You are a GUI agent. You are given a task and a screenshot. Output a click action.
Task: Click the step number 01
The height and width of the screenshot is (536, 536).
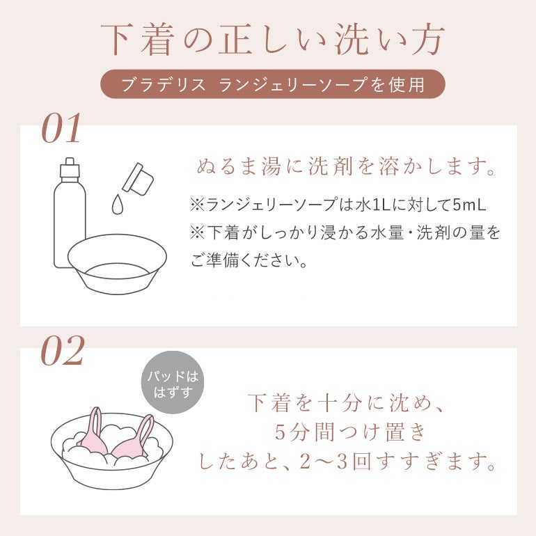(61, 128)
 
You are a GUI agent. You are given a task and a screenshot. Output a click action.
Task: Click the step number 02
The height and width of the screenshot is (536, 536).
(63, 350)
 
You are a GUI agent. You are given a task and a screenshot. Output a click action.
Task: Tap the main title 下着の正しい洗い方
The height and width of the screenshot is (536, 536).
(272, 39)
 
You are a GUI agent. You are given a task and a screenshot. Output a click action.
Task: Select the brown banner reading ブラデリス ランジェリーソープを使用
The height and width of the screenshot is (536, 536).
(272, 84)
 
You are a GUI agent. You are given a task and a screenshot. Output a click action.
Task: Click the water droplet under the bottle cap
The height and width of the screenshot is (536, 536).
(118, 205)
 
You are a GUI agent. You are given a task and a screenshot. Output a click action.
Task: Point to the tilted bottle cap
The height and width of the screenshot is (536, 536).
(138, 178)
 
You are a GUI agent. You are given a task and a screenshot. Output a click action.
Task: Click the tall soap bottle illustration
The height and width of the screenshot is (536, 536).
(70, 212)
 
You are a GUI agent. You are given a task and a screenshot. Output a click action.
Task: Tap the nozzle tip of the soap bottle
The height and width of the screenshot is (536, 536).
(70, 161)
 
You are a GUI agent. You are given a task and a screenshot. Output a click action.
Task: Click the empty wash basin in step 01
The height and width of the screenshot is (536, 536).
(117, 264)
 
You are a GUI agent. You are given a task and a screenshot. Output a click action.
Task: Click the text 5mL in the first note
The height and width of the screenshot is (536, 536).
(469, 205)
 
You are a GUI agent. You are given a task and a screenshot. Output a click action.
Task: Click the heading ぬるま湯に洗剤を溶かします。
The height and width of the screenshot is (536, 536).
(346, 168)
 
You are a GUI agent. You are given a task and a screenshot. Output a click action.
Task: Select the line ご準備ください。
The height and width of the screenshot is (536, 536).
(249, 261)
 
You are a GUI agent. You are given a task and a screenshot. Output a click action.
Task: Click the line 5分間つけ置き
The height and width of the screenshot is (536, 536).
(349, 432)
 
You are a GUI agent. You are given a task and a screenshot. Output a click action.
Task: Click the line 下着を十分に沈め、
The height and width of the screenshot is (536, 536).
(345, 403)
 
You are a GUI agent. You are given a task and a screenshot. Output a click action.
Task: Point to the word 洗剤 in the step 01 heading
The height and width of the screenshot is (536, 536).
(330, 168)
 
